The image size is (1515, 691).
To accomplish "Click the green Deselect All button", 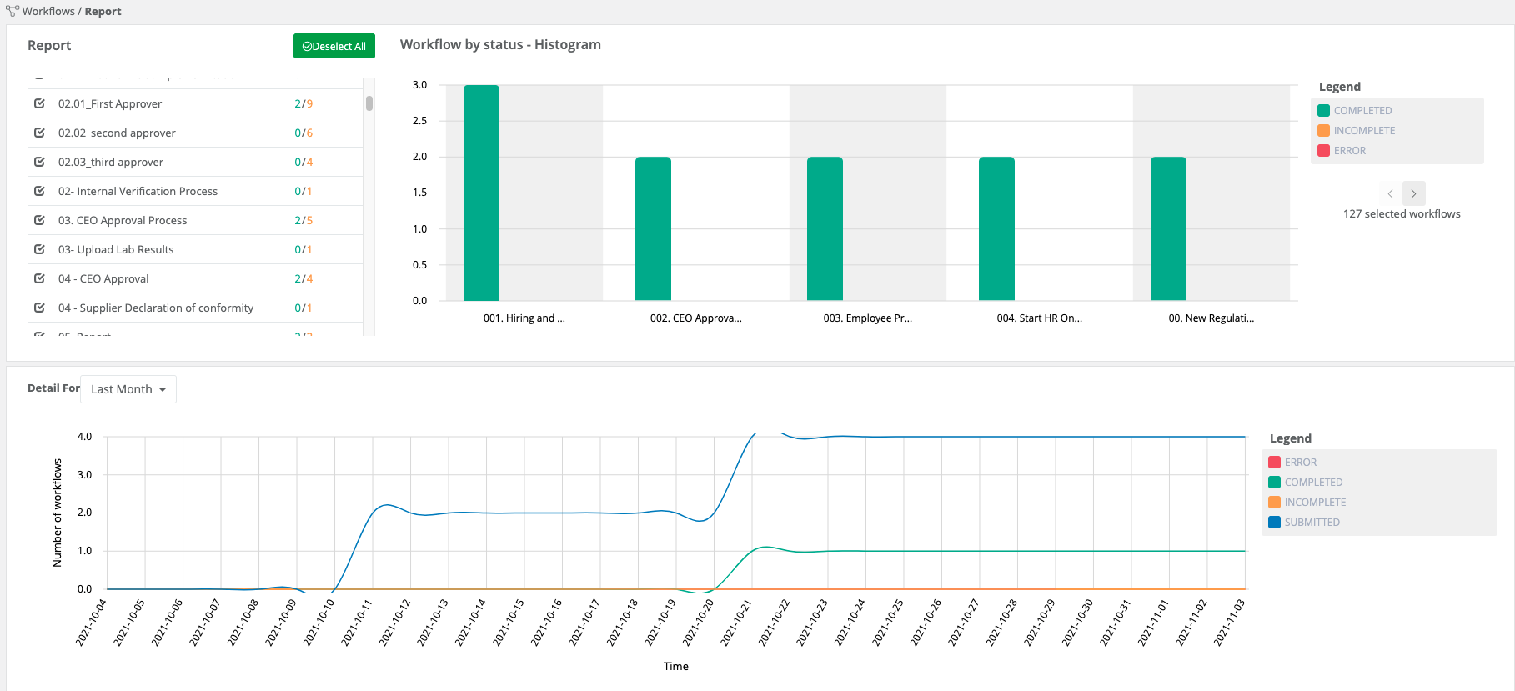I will [x=334, y=46].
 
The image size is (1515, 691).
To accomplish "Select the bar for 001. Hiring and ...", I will [x=481, y=193].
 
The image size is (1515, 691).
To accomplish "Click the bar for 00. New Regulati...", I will [x=1168, y=228].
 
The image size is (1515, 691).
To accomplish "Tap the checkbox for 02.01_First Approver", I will [x=39, y=103].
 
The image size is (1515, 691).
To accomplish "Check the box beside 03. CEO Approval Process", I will [x=39, y=220].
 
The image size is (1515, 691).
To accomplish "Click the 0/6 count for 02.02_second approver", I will [x=304, y=133].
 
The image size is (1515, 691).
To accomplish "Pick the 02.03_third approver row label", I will [x=111, y=162].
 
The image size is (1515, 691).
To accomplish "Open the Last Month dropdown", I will [x=128, y=389].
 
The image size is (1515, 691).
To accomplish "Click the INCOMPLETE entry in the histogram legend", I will [x=1363, y=131].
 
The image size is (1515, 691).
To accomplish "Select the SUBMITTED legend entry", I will [x=1311, y=523].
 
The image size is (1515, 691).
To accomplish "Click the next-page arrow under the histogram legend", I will [x=1413, y=193].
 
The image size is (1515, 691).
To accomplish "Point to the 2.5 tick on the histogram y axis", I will [x=419, y=121].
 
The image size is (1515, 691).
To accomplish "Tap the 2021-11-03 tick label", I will [x=1230, y=622].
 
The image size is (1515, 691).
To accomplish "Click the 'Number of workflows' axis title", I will [x=58, y=513].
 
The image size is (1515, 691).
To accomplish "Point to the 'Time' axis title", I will [x=675, y=666].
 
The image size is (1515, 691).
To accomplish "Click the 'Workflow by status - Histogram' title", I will [x=500, y=45].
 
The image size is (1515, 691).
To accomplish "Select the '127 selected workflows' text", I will [x=1401, y=214].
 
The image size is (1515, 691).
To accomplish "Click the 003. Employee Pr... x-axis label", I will [x=867, y=318].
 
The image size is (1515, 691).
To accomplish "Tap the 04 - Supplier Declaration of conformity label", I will [x=156, y=308].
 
